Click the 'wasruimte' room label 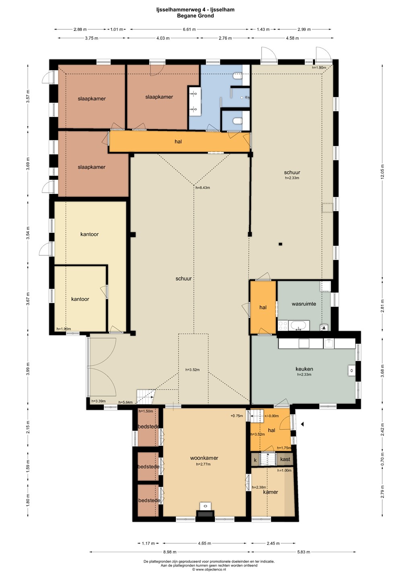304,304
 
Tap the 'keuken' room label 304,369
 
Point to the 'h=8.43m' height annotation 203,188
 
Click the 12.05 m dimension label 382,171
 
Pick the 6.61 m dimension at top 189,29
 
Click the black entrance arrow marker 302,424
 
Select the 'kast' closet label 285,459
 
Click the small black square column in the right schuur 280,244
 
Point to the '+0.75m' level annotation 237,416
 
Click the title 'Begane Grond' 195,16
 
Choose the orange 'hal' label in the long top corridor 178,142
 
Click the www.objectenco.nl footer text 209,569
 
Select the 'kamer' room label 270,492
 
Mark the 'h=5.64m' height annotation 126,402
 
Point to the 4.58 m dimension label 292,38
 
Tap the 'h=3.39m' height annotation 98,401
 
